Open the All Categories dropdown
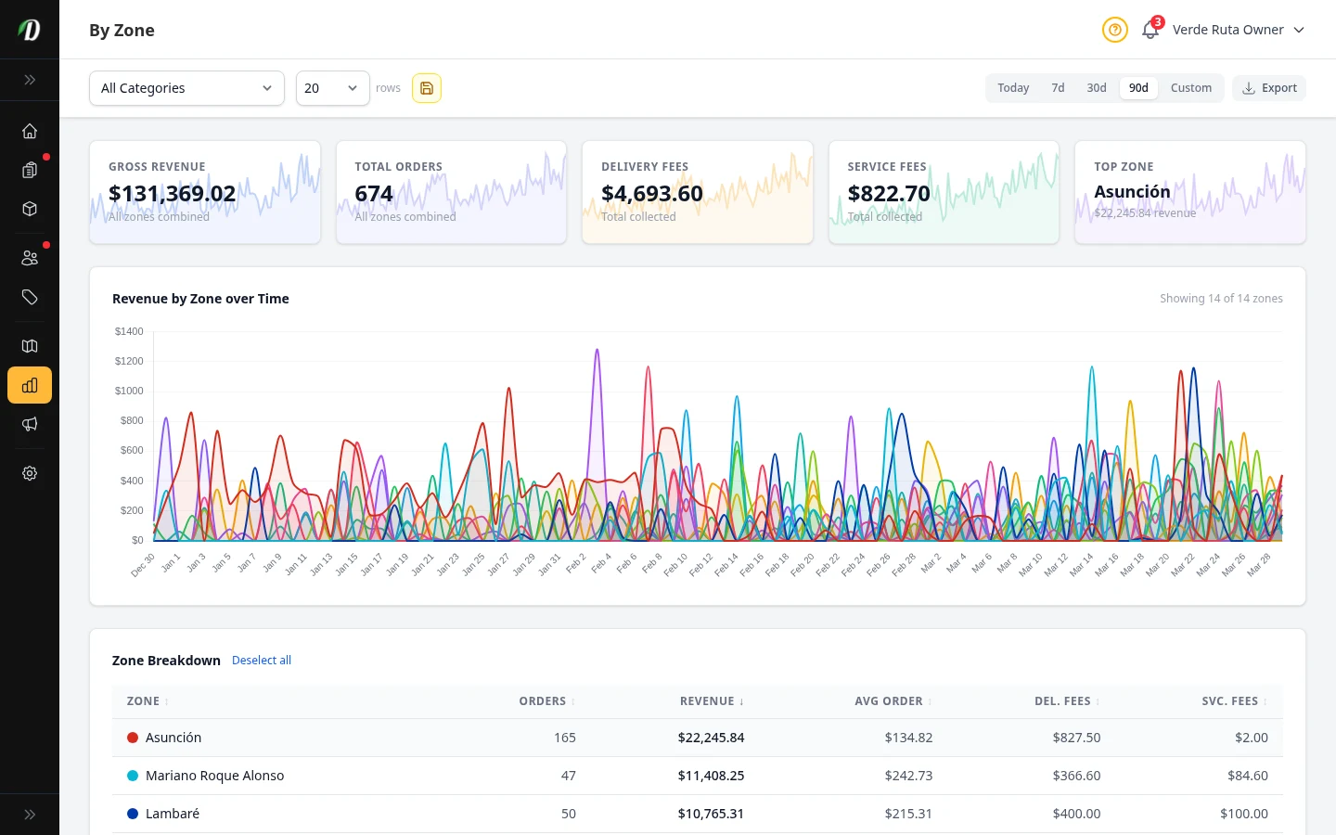pyautogui.click(x=186, y=88)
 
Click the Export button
pyautogui.click(x=1269, y=88)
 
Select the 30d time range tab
pyautogui.click(x=1096, y=88)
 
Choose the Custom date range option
pyautogui.click(x=1190, y=88)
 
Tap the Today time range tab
pyautogui.click(x=1013, y=88)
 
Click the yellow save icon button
pyautogui.click(x=427, y=88)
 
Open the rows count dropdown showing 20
pyautogui.click(x=332, y=88)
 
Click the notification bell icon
pyautogui.click(x=1150, y=31)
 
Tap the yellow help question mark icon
pyautogui.click(x=1114, y=30)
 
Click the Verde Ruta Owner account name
pyautogui.click(x=1227, y=30)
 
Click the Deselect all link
pyautogui.click(x=262, y=661)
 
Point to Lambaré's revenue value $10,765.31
pyautogui.click(x=711, y=814)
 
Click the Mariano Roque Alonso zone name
pyautogui.click(x=214, y=776)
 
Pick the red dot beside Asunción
pyautogui.click(x=133, y=738)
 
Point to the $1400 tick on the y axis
pyautogui.click(x=129, y=331)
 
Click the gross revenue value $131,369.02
pyautogui.click(x=173, y=193)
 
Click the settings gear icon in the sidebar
pyautogui.click(x=30, y=473)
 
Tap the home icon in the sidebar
pyautogui.click(x=30, y=131)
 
